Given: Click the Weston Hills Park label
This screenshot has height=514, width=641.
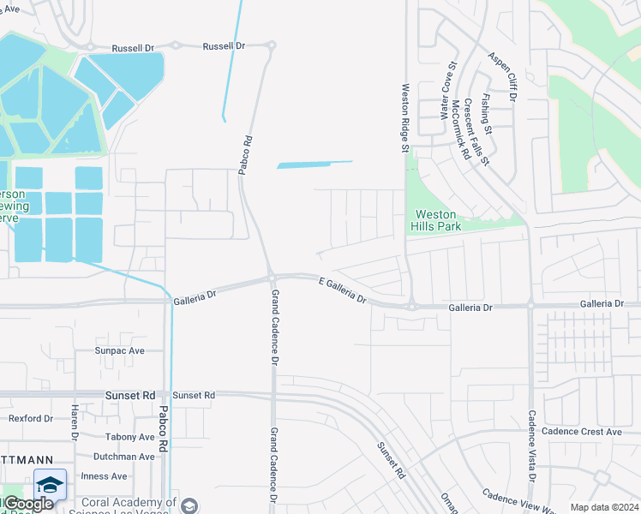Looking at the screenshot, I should [438, 220].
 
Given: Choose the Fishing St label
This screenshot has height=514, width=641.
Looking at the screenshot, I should [487, 114].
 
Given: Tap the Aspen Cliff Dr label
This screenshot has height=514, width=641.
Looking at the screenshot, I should [503, 76].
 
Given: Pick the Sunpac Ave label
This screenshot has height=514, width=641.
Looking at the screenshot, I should [120, 351].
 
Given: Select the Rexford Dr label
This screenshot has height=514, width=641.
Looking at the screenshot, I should [31, 419].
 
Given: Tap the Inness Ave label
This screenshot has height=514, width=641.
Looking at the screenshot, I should [104, 476].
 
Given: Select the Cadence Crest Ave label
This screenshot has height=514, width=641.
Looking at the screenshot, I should [587, 432].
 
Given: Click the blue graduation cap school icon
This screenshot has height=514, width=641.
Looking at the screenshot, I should [50, 485].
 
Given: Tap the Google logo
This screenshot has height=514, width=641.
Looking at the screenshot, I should [27, 504].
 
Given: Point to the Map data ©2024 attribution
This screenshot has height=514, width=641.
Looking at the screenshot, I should [603, 507].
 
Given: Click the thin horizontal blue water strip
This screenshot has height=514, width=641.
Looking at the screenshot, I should [315, 164].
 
